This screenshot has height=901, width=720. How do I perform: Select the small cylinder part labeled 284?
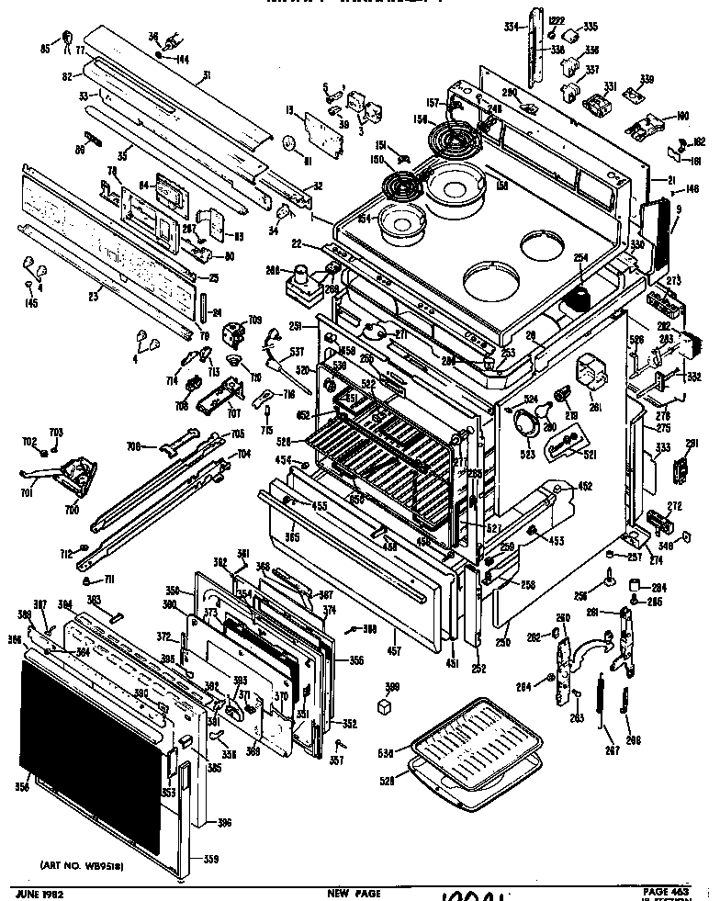pos(633,585)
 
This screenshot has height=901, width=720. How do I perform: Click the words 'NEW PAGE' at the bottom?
pos(353,893)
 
